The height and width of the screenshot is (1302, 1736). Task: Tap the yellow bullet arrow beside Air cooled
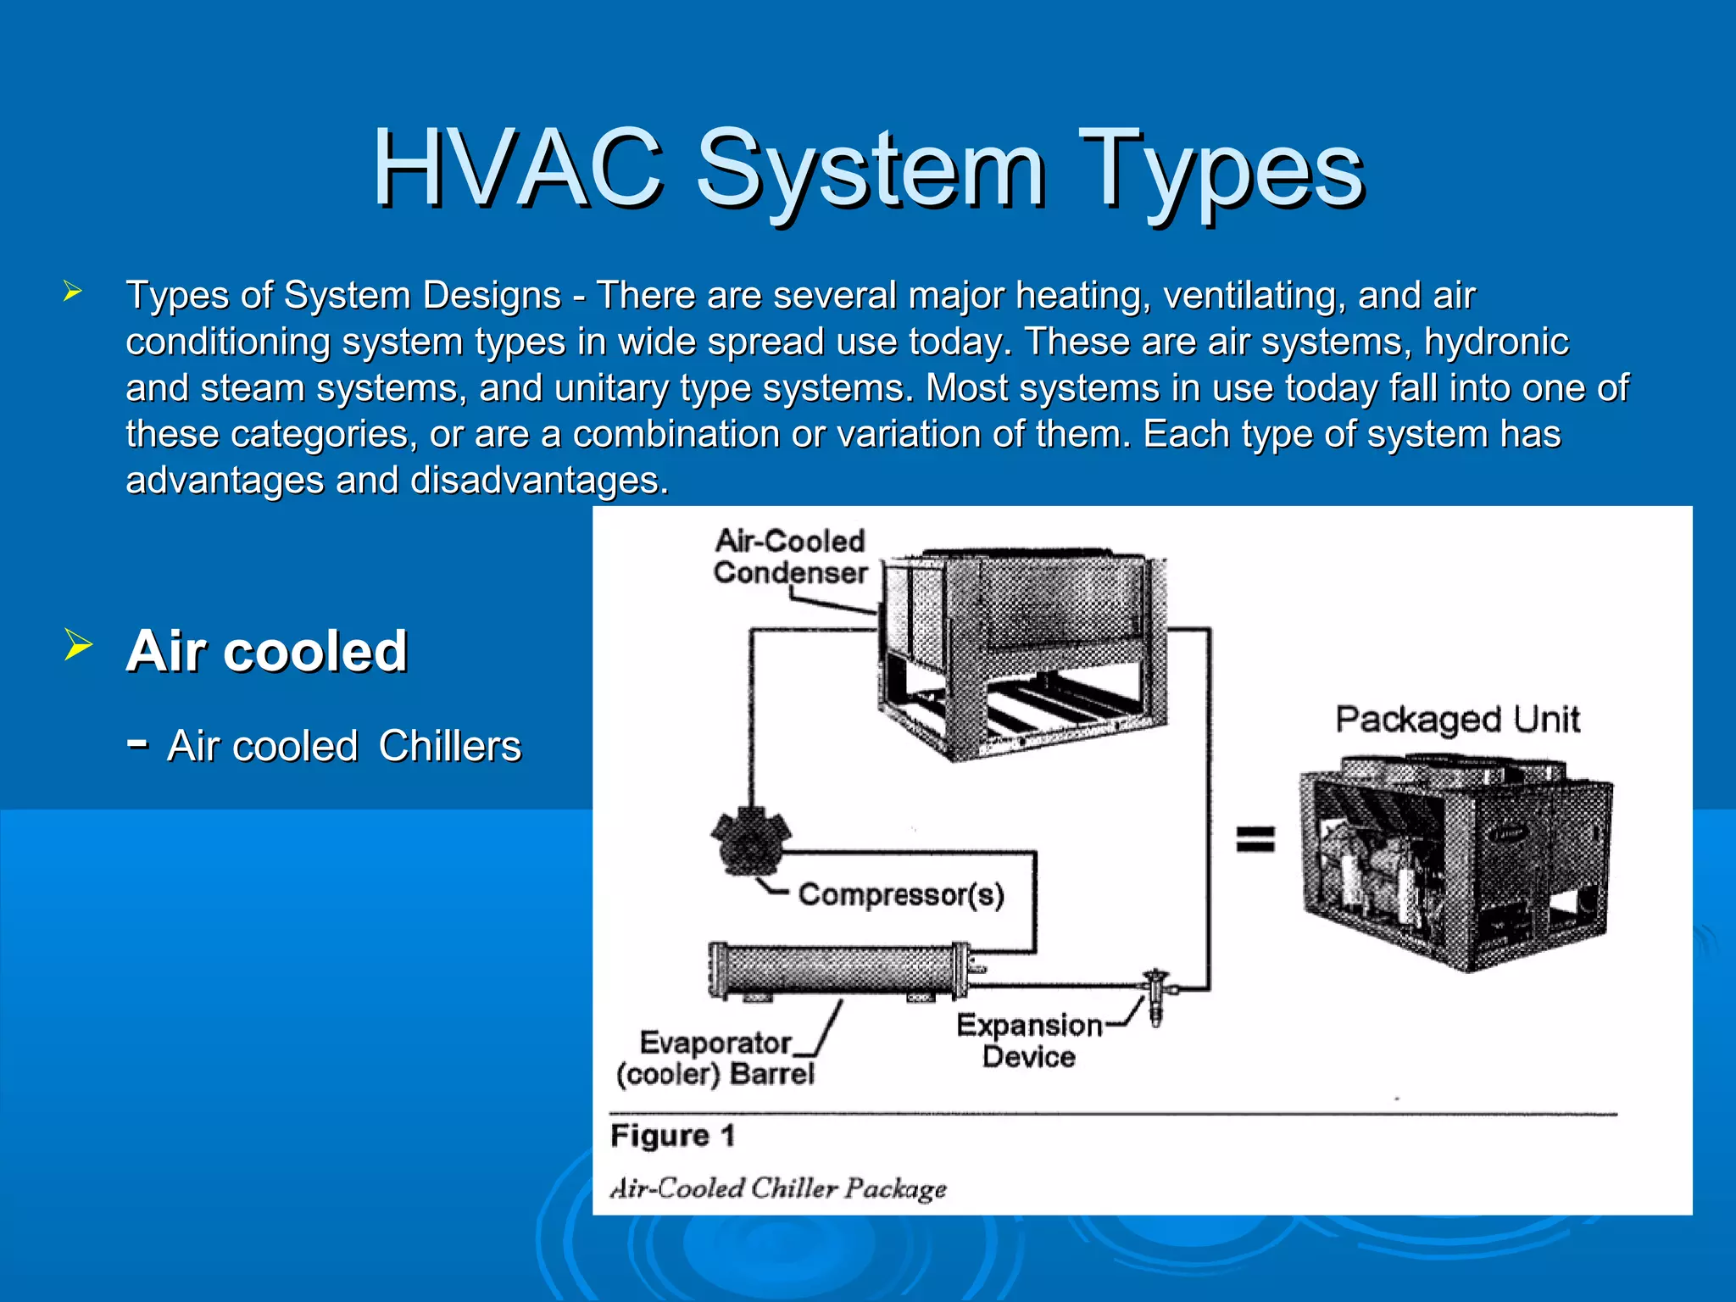[x=77, y=647]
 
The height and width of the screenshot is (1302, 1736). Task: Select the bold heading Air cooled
[x=267, y=651]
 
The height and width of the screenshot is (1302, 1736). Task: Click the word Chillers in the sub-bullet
[x=449, y=746]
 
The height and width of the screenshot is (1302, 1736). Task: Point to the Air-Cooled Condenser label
[x=790, y=557]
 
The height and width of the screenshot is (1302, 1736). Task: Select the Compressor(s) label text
[x=901, y=895]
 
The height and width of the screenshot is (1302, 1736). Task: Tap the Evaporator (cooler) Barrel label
[x=715, y=1058]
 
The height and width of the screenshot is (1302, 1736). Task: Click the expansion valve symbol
[x=1155, y=993]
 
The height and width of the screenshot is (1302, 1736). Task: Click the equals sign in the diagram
[x=1255, y=838]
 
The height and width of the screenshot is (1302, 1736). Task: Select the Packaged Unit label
[x=1457, y=720]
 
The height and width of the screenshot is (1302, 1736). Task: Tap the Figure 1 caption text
[x=672, y=1136]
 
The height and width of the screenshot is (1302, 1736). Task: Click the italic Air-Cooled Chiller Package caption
[x=778, y=1188]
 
